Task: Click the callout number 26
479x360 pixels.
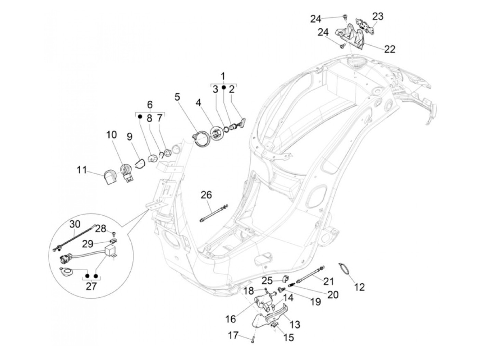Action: coord(206,195)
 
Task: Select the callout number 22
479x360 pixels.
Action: coord(389,49)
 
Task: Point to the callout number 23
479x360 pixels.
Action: coord(378,16)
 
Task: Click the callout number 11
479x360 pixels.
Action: coord(81,170)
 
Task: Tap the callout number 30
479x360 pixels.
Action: coord(75,224)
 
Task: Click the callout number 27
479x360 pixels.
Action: coord(91,286)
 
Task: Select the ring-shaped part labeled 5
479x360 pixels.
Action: coord(201,140)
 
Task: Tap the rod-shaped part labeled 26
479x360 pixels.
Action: coord(212,213)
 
